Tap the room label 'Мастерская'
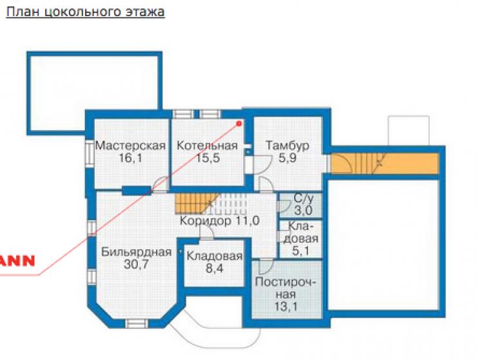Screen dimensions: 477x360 130,146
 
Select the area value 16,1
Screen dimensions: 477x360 130,158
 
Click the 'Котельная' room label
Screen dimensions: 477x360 207,146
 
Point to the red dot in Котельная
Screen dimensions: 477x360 239,123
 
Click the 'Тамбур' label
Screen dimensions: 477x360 287,146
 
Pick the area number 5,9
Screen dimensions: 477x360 287,158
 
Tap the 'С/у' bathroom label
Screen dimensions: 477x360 304,198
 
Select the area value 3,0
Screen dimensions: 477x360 304,211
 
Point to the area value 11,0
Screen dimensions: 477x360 247,221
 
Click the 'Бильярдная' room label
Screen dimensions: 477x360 136,252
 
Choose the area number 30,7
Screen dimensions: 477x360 136,265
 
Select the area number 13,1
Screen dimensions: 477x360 286,307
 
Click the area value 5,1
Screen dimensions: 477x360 300,251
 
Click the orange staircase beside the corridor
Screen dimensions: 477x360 195,204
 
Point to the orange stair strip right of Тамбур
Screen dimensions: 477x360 385,164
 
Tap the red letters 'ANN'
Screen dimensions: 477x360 17,261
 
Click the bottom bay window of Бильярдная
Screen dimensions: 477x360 137,323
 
